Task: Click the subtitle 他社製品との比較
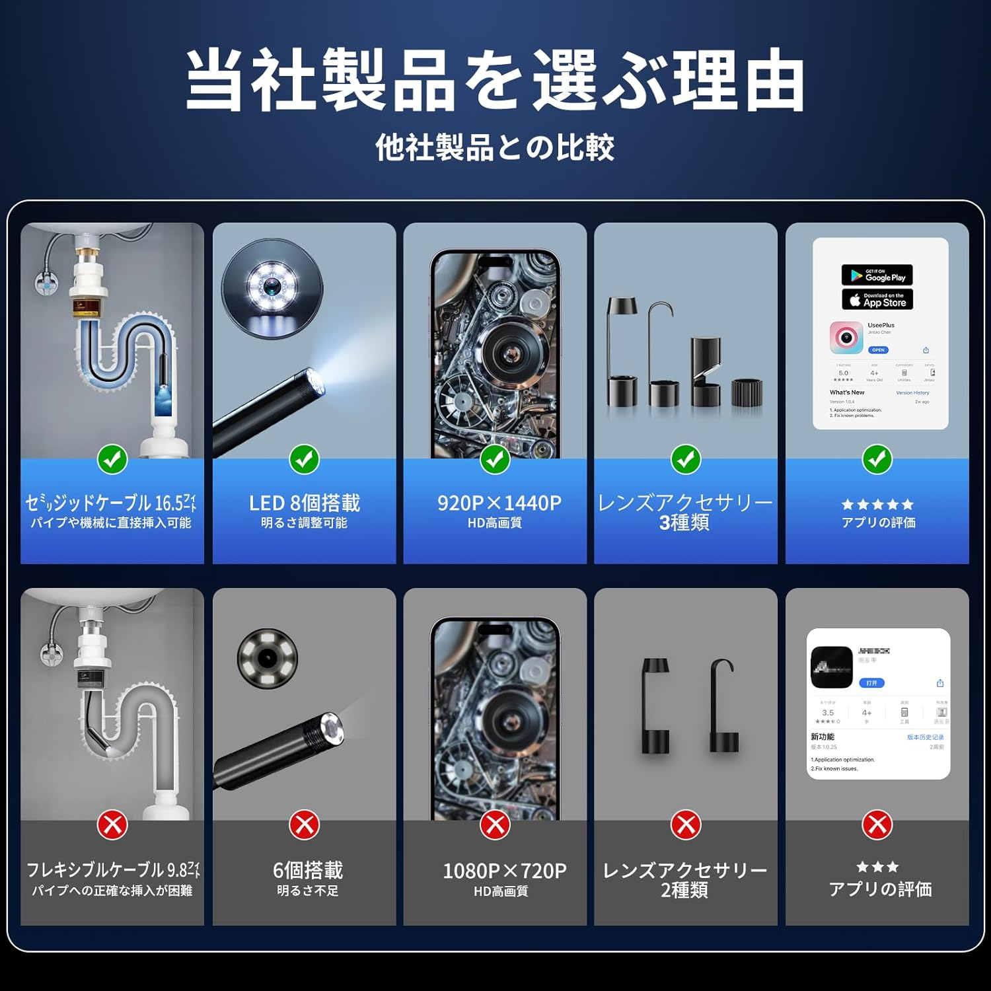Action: pyautogui.click(x=495, y=147)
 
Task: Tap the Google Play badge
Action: pyautogui.click(x=877, y=275)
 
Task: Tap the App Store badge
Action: pyautogui.click(x=877, y=300)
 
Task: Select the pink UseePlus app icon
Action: pyautogui.click(x=846, y=338)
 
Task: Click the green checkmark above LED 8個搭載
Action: pyautogui.click(x=304, y=459)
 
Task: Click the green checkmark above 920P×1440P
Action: pyautogui.click(x=495, y=459)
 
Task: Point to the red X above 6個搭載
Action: pyautogui.click(x=304, y=825)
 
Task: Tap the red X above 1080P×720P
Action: pyautogui.click(x=495, y=825)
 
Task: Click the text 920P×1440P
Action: pyautogui.click(x=499, y=503)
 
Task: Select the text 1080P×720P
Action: pyautogui.click(x=504, y=871)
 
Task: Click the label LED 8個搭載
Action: pyautogui.click(x=304, y=503)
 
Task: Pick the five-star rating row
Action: pyautogui.click(x=877, y=505)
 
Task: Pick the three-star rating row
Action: pyautogui.click(x=877, y=867)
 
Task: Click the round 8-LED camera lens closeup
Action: pyautogui.click(x=272, y=287)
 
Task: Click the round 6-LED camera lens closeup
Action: pyautogui.click(x=267, y=658)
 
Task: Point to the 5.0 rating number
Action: pyautogui.click(x=843, y=373)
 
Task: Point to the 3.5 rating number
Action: pyautogui.click(x=828, y=713)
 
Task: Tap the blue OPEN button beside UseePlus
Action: pyautogui.click(x=878, y=350)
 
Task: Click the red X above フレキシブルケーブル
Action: pyautogui.click(x=112, y=825)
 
